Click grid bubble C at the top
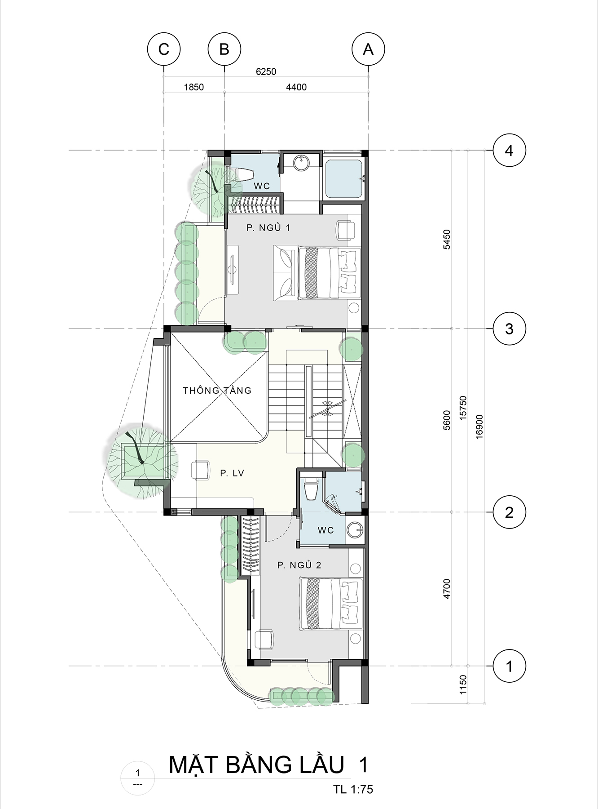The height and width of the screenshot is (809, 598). tap(164, 49)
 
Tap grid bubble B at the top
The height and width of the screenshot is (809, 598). tap(224, 49)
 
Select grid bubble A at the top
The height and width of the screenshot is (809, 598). tap(369, 49)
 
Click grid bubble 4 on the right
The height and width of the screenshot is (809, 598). tap(509, 151)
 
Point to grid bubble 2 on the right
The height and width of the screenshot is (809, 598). tap(509, 512)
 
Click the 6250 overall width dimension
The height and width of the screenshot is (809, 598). tap(266, 71)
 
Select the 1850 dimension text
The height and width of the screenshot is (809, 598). tap(194, 87)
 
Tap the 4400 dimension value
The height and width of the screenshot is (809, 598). tap(296, 87)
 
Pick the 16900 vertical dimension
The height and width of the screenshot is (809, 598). tap(479, 427)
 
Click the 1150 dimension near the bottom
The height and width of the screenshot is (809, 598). tap(463, 684)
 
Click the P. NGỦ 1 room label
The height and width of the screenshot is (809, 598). tap(268, 228)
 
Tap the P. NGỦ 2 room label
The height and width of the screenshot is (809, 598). tap(299, 565)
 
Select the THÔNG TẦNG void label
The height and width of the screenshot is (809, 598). tap(217, 390)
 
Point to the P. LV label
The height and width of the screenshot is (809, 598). tap(232, 473)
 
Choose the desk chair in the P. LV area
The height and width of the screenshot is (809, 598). tap(200, 470)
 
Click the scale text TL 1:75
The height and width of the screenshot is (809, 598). tap(353, 789)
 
